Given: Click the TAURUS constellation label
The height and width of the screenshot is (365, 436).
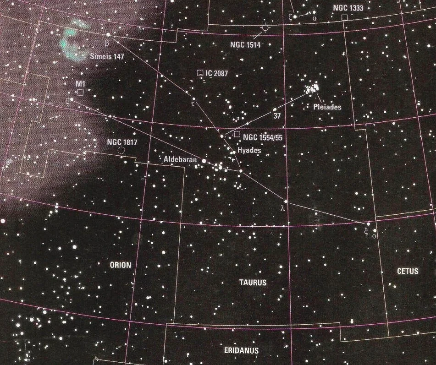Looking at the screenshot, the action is click(253, 283).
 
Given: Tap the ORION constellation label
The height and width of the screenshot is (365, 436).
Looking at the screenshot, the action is click(120, 265).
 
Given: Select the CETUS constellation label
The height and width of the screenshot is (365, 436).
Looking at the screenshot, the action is click(407, 271).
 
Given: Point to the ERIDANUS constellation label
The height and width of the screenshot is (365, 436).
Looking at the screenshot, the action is click(241, 351).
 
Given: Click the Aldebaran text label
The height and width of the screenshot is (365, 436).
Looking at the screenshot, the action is click(180, 160).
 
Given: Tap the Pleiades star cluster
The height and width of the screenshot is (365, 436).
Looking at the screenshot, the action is click(313, 88).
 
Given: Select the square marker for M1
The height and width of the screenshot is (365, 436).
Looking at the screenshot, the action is click(80, 93).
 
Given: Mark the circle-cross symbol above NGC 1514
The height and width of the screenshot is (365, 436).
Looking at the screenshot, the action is click(265, 28).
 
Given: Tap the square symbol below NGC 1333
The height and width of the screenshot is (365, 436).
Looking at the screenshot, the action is click(344, 17).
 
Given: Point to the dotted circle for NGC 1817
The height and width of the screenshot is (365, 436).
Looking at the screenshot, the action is click(121, 150).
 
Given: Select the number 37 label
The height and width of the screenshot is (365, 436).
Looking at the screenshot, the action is click(277, 116).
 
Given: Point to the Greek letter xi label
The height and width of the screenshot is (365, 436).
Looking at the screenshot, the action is click(366, 231).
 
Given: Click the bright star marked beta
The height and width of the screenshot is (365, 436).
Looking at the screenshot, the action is click(109, 34).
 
